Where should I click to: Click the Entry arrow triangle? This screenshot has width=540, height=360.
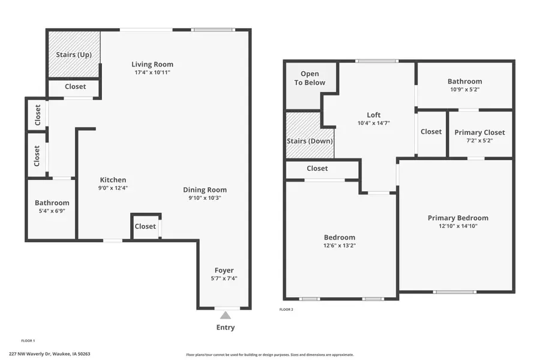(x=225, y=315)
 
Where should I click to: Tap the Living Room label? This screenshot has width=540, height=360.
(x=152, y=64)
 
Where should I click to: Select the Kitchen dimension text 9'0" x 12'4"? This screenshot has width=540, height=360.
(x=113, y=188)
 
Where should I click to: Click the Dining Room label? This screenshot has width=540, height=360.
(x=205, y=190)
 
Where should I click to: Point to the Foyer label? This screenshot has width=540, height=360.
(x=224, y=270)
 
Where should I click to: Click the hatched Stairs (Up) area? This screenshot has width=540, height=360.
(x=74, y=55)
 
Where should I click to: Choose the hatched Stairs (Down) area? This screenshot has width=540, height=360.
(x=310, y=141)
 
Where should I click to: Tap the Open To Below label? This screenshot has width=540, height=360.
(x=310, y=78)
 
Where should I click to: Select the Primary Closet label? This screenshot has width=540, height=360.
(x=479, y=133)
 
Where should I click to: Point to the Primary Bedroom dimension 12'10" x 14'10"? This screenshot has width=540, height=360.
(x=458, y=226)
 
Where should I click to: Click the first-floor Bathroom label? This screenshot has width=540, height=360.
(x=52, y=203)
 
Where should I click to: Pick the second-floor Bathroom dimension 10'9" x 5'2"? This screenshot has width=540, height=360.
(x=464, y=89)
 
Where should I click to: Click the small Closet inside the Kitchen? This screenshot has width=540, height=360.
(x=145, y=226)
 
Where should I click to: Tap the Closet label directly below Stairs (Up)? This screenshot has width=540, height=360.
(x=75, y=86)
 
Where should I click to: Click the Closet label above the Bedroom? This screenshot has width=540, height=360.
(x=317, y=169)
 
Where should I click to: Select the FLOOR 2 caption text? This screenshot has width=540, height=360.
(x=286, y=310)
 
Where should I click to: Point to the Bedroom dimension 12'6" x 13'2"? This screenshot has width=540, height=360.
(x=340, y=245)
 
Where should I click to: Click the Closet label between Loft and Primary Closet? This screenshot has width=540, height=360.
(x=431, y=132)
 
